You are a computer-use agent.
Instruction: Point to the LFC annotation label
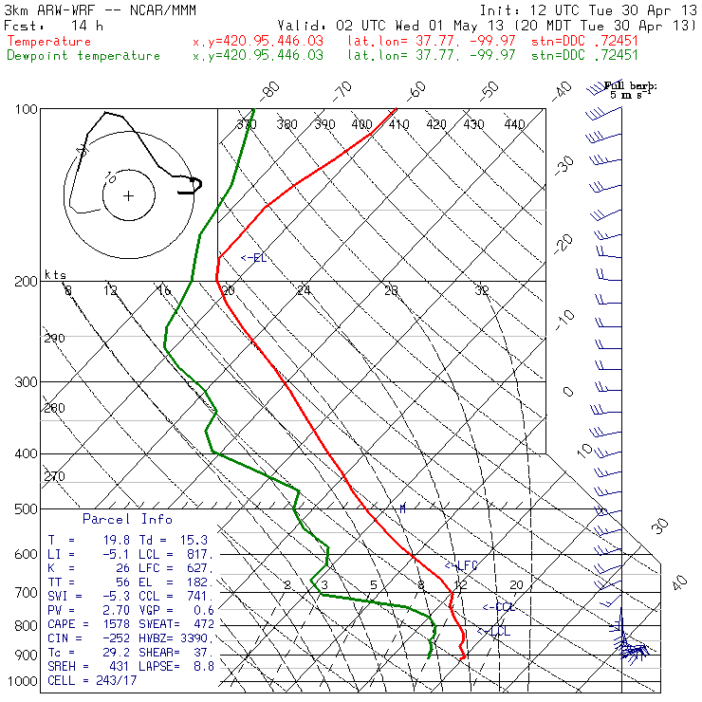point(464,565)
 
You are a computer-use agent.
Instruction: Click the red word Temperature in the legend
point(49,42)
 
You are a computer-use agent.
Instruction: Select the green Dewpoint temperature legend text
point(83,56)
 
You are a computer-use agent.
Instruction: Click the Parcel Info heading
point(127,519)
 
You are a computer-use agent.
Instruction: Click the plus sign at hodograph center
point(128,196)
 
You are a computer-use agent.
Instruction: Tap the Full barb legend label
point(631,86)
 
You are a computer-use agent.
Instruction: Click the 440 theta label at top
point(514,124)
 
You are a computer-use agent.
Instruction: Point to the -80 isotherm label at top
point(271,90)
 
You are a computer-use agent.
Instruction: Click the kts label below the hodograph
point(56,274)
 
